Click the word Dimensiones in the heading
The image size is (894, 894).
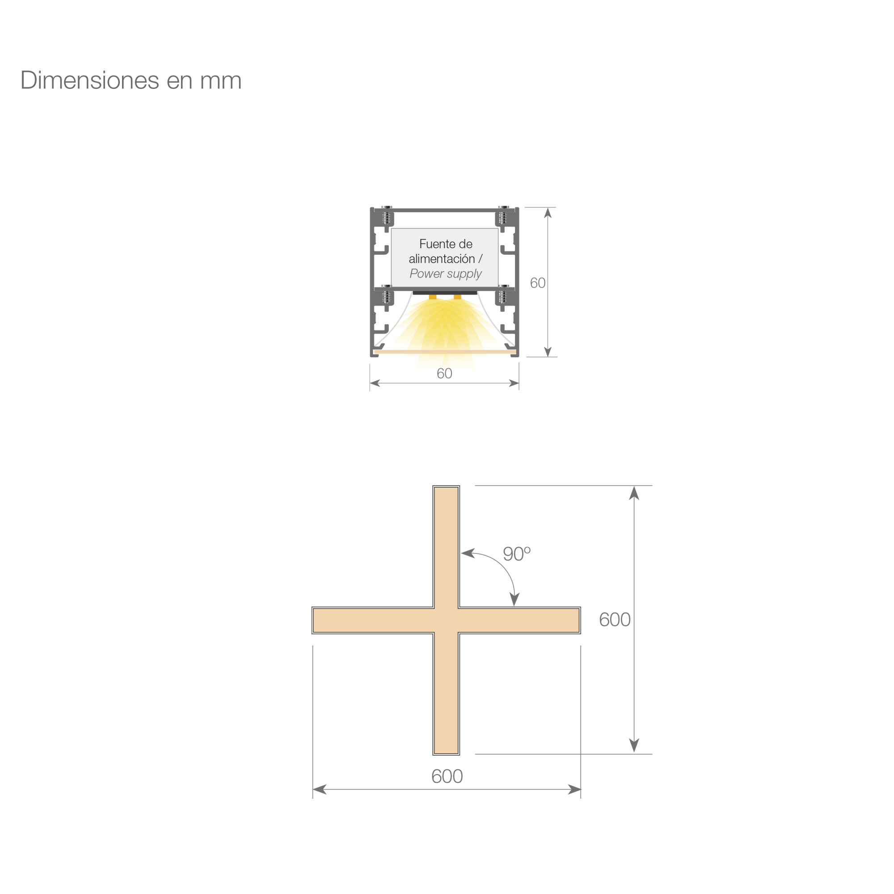90,80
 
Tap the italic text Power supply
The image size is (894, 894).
446,274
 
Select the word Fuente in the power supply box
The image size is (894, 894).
433,244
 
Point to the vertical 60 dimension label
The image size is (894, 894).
538,283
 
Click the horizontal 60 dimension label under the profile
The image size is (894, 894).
444,373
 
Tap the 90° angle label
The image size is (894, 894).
516,554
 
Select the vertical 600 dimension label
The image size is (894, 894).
615,620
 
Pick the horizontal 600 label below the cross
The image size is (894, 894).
447,776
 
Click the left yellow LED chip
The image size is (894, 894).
433,297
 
